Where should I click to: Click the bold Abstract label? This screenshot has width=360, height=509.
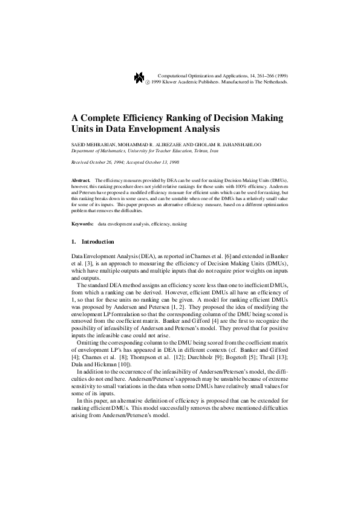coord(80,181)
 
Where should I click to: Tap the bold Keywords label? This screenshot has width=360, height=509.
coord(82,224)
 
